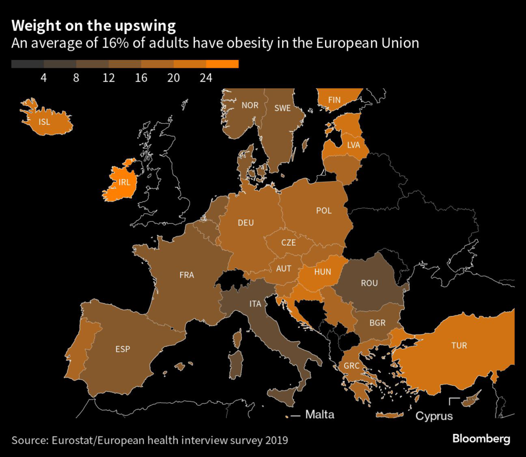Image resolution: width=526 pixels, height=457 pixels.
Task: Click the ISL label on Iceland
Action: point(45,122)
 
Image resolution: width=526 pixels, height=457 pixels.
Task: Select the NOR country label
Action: point(250,106)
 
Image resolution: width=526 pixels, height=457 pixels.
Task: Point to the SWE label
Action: point(282,108)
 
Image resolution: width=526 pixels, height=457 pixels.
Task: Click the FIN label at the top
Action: point(334,100)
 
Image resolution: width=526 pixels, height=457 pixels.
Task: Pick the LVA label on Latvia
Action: point(354,145)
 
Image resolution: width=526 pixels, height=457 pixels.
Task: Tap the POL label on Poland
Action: point(324,210)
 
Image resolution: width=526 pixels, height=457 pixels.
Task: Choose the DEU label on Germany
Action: point(246,223)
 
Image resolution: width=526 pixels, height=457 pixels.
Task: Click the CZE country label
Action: point(288,243)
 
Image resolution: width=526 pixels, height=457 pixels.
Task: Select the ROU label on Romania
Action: point(369,283)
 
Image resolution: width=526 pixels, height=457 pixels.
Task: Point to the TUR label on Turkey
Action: point(459,345)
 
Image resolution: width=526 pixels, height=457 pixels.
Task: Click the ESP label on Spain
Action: point(123,349)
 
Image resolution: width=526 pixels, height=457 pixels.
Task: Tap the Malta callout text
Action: point(320,414)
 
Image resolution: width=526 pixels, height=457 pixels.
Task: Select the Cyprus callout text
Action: point(434,415)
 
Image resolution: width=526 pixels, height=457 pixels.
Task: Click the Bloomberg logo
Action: point(481,439)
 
